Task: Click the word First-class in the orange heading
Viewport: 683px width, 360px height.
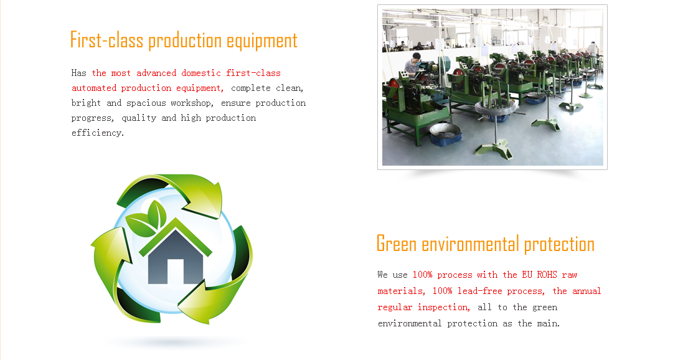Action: [106, 40]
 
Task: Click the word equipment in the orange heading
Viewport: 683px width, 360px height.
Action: [261, 41]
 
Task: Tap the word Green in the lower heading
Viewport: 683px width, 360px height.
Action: [397, 244]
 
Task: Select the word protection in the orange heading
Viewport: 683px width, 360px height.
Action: [559, 245]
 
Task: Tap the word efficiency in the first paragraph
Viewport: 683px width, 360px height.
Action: [97, 133]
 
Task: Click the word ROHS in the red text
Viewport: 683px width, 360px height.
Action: [547, 275]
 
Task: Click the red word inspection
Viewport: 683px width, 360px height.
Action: [443, 307]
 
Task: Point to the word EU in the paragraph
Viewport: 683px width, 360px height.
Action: [527, 275]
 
